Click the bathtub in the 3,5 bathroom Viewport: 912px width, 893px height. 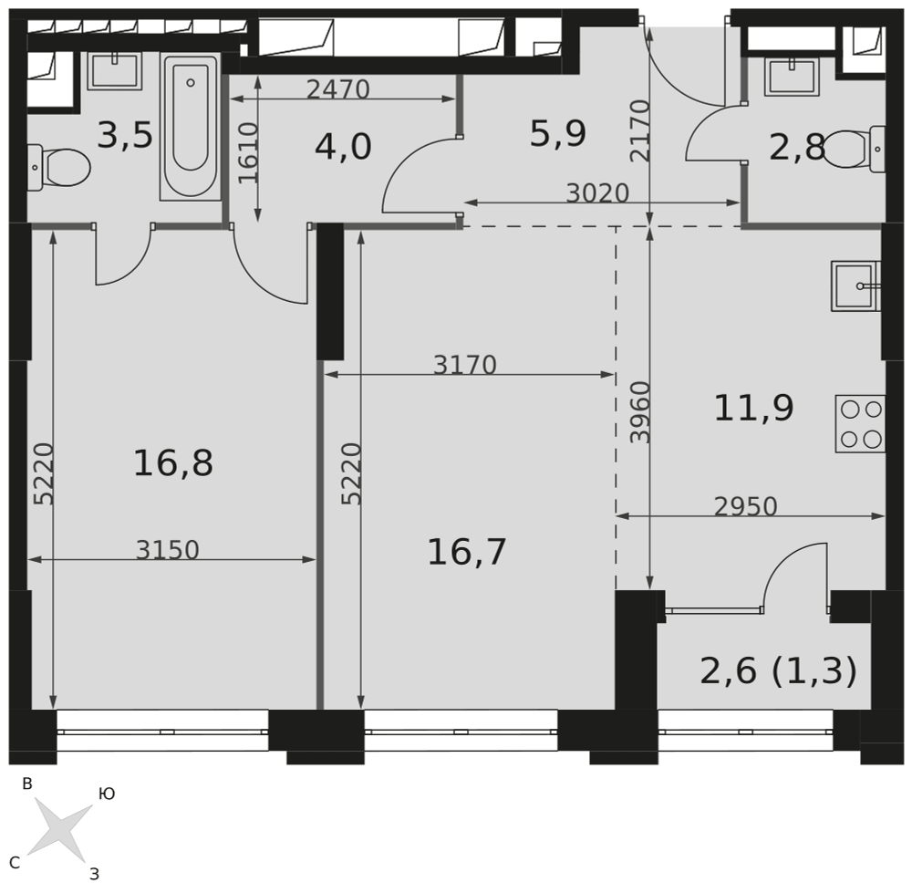[x=191, y=127]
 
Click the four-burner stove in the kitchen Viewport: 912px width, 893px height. [x=860, y=424]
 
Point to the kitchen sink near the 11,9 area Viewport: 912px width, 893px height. [x=856, y=286]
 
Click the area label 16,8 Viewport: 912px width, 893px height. [x=173, y=464]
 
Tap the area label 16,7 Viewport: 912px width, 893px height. [x=467, y=552]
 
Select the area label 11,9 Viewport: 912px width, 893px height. [x=754, y=408]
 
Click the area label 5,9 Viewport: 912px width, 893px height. [x=558, y=134]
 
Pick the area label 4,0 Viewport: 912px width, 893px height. [x=343, y=147]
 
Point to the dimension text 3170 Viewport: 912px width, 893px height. [x=465, y=366]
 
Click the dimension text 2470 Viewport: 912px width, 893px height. [x=338, y=89]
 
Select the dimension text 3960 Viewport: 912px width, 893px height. [x=640, y=412]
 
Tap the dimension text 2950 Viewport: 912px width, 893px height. [x=746, y=507]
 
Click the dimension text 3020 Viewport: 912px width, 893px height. [x=598, y=193]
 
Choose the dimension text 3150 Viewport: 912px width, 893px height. [x=168, y=550]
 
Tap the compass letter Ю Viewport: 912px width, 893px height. [x=107, y=794]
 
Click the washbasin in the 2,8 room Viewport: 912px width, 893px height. [x=793, y=77]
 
